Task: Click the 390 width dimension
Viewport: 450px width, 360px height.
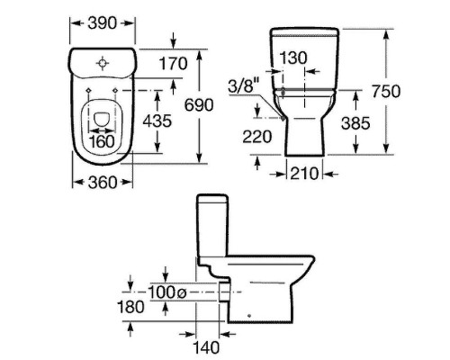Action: [x=102, y=23]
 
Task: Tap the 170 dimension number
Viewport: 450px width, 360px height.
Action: [x=173, y=64]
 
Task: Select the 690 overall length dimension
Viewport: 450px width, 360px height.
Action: [x=199, y=104]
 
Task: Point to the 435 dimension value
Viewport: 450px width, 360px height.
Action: [x=157, y=121]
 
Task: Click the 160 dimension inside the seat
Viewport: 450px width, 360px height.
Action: [x=102, y=141]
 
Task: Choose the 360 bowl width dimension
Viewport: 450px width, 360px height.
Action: [x=103, y=183]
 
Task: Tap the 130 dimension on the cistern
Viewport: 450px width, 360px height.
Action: [x=293, y=58]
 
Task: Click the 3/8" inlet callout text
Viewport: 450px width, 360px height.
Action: [x=243, y=86]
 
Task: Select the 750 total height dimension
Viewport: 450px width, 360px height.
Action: [x=386, y=91]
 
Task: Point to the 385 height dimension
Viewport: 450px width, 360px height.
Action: [x=355, y=123]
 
